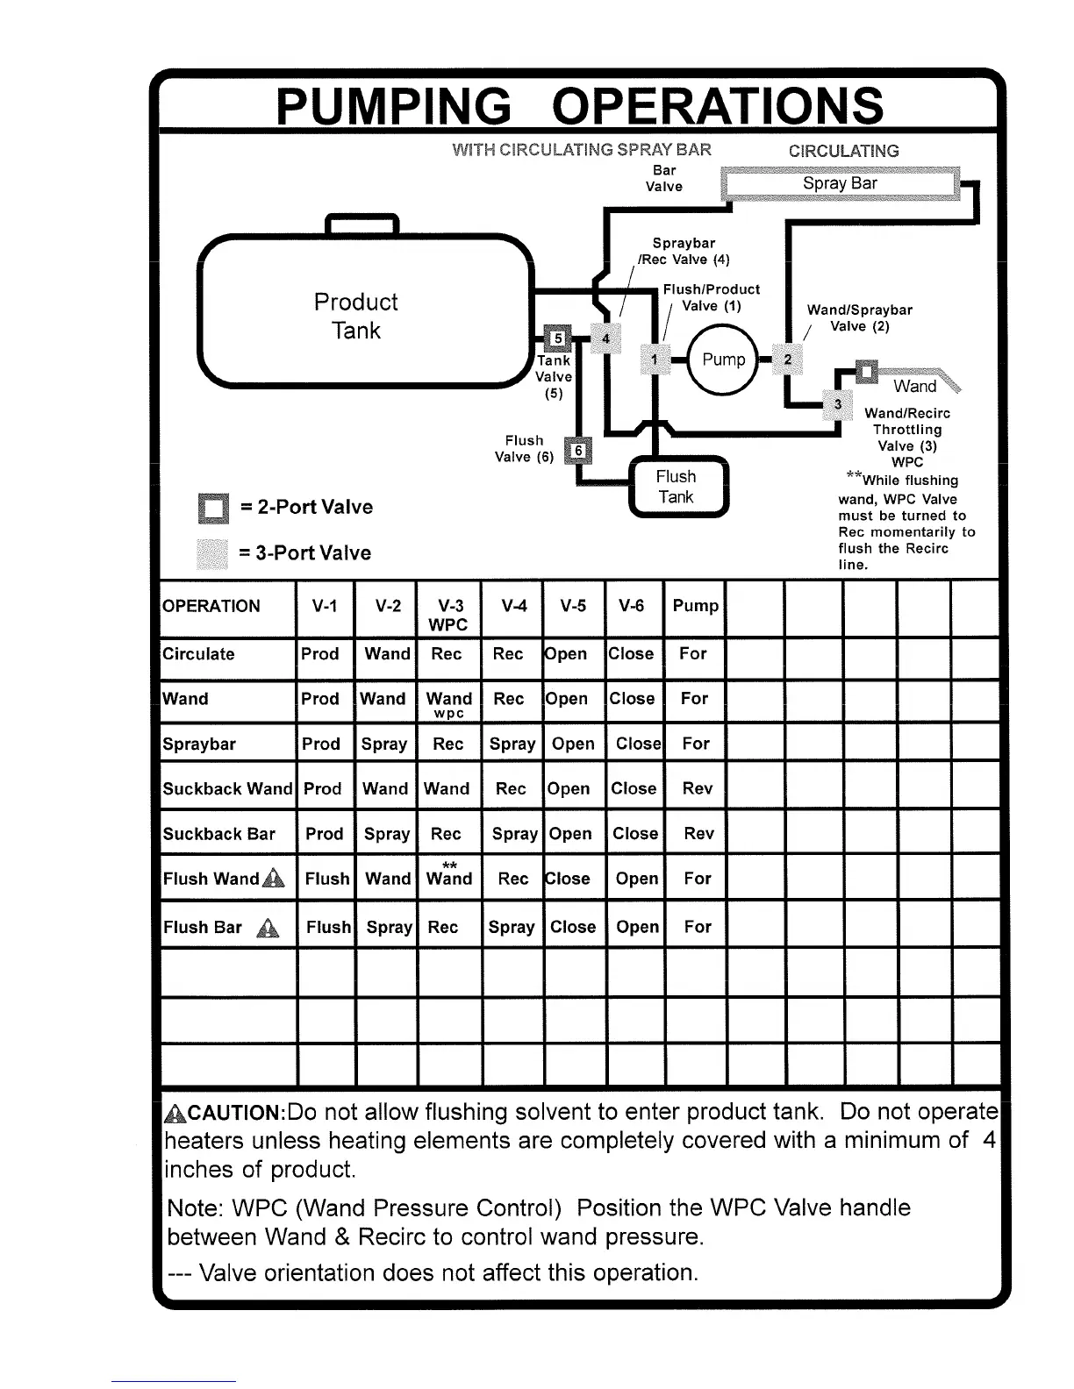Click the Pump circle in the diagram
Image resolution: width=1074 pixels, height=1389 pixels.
[x=723, y=360]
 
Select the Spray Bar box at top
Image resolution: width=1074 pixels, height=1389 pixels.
[x=840, y=183]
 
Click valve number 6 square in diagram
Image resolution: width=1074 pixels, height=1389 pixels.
[x=577, y=451]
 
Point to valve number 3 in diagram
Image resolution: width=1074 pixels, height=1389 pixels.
[x=838, y=404]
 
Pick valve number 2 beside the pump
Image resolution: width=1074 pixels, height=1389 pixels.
[x=788, y=360]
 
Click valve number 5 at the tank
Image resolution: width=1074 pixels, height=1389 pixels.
[x=557, y=338]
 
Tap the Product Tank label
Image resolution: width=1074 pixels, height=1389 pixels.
[x=356, y=316]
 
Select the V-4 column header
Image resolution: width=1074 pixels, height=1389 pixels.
[x=513, y=606]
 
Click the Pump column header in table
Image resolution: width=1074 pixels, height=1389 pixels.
[x=695, y=606]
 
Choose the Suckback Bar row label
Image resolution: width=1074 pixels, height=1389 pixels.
[x=219, y=834]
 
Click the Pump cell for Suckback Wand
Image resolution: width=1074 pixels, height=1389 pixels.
[x=697, y=788]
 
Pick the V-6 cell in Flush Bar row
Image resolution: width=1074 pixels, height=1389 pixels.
[x=637, y=927]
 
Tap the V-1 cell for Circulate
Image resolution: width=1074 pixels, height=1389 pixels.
[x=320, y=654]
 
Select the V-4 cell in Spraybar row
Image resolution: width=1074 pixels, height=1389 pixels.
[x=512, y=744]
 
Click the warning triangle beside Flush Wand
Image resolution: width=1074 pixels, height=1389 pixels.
[x=274, y=878]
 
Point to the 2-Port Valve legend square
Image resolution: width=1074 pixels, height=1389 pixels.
[x=213, y=508]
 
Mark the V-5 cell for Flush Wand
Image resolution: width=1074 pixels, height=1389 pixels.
[x=568, y=879]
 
